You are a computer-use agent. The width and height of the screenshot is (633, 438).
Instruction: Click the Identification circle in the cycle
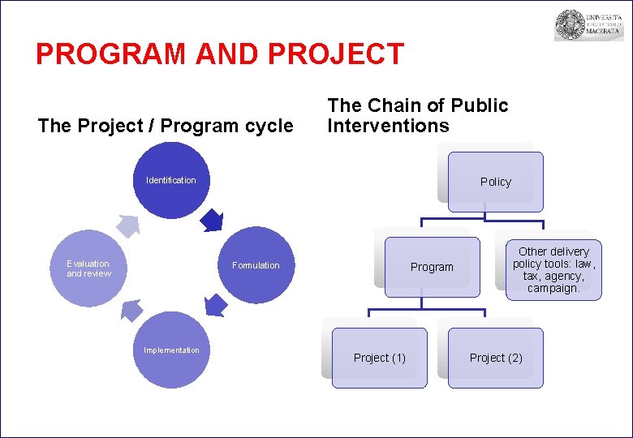click(x=171, y=181)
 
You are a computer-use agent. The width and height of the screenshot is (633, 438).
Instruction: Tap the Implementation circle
click(x=171, y=350)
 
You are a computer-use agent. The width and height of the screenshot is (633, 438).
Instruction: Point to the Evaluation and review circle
click(x=88, y=268)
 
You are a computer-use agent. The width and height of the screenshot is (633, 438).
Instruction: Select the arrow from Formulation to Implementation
click(x=215, y=305)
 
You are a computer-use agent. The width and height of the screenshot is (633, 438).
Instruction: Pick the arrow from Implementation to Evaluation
click(x=131, y=309)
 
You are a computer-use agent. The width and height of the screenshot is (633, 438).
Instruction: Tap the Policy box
click(x=495, y=182)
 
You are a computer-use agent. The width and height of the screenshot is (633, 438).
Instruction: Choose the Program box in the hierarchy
click(x=431, y=267)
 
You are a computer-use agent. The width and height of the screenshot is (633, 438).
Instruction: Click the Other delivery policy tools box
click(x=553, y=270)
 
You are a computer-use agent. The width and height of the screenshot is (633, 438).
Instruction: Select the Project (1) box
click(x=379, y=358)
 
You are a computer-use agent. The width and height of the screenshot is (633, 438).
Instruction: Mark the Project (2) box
click(x=495, y=358)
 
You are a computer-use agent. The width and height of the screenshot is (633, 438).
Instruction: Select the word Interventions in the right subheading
click(x=387, y=126)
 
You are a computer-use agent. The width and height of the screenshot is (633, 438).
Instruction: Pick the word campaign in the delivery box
click(x=553, y=288)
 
